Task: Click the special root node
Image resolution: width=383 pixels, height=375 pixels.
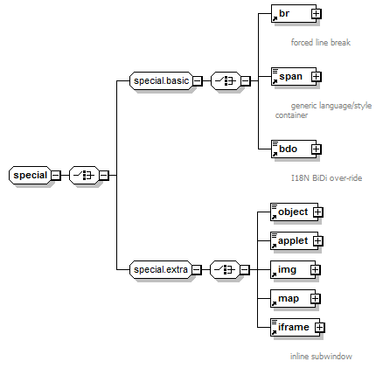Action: click(30, 175)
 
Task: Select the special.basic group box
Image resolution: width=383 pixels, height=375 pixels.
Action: click(161, 80)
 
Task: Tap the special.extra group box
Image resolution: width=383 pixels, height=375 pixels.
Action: click(161, 269)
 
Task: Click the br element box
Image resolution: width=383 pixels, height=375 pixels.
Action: click(294, 13)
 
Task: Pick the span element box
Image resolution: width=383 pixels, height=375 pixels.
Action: click(294, 76)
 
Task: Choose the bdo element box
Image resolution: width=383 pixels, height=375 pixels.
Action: click(294, 149)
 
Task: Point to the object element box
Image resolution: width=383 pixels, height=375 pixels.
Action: click(294, 212)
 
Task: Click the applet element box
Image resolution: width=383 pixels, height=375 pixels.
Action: click(294, 240)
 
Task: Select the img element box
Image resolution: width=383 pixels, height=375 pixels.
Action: click(293, 269)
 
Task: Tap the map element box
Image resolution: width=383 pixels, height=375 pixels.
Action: click(293, 298)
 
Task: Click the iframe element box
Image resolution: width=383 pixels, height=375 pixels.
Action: click(295, 327)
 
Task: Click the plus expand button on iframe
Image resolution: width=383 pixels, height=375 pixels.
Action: click(320, 328)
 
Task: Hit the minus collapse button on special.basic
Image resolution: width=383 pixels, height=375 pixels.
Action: click(198, 81)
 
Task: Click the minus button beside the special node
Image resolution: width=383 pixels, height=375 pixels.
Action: click(55, 176)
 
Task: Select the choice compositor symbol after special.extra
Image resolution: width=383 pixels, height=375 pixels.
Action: click(225, 269)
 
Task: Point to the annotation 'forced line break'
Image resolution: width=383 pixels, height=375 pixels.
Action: click(321, 43)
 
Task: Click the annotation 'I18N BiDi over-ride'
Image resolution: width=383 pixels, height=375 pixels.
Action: click(326, 177)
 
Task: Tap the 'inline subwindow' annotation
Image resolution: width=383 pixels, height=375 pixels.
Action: click(321, 356)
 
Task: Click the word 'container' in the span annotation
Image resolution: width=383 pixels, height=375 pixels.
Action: click(291, 115)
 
